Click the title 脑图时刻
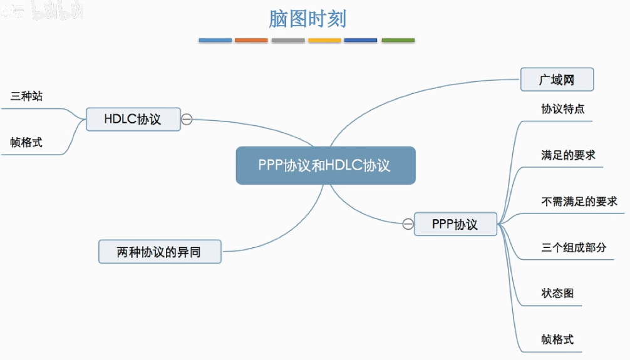[x=307, y=19]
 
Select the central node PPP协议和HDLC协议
[x=325, y=165]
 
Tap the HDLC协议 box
[x=133, y=119]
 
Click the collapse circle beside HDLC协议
[x=187, y=119]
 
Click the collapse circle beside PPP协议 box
[x=408, y=224]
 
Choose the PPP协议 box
[x=455, y=224]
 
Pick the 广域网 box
[x=557, y=80]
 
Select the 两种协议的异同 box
[x=160, y=252]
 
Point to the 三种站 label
[x=26, y=96]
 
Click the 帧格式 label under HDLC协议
[x=26, y=142]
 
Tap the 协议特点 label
[x=563, y=108]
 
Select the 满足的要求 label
[x=568, y=155]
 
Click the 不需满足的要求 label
[x=579, y=201]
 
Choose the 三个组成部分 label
[x=574, y=247]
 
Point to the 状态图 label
[x=557, y=293]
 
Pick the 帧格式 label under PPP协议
[x=557, y=339]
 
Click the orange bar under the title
[x=251, y=41]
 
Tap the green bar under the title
[x=398, y=41]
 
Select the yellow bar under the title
[x=324, y=41]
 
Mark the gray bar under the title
[x=288, y=41]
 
